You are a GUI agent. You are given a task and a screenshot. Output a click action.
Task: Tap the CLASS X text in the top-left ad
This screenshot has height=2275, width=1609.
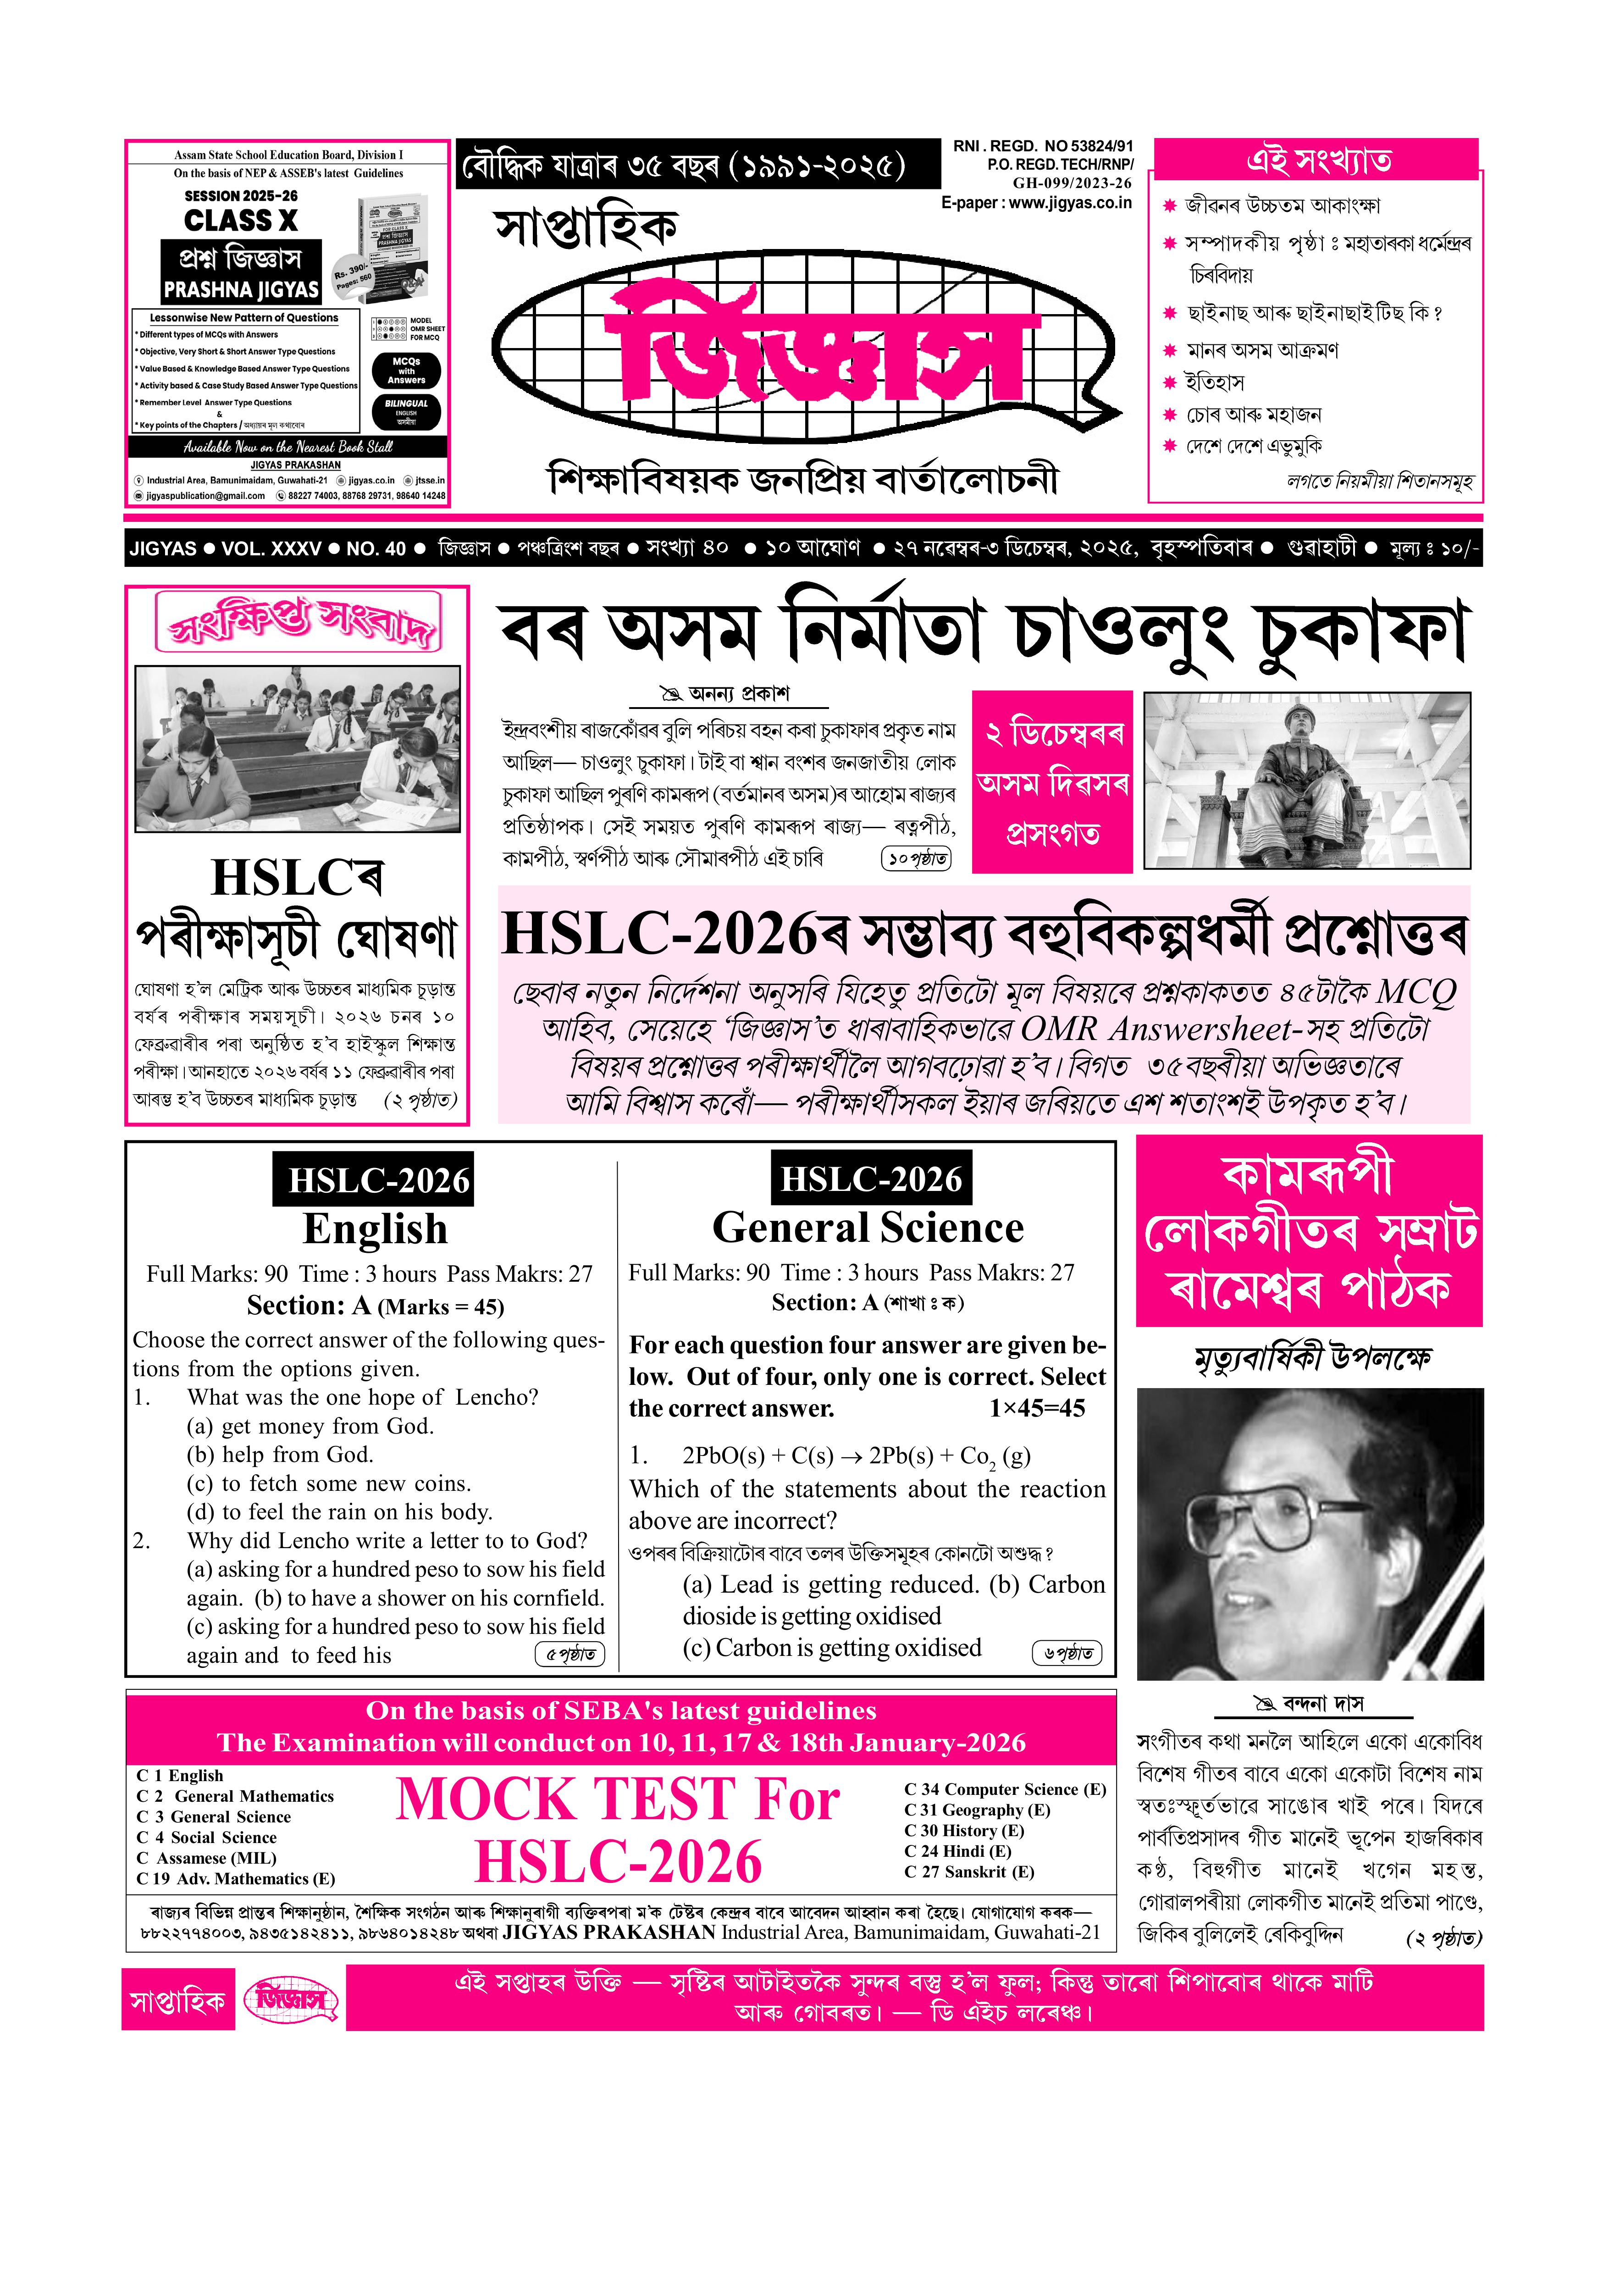[241, 220]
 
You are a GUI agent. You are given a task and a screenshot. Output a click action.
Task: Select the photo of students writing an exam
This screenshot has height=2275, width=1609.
[297, 748]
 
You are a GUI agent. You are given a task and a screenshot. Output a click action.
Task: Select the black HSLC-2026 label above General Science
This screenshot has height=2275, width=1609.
[871, 1179]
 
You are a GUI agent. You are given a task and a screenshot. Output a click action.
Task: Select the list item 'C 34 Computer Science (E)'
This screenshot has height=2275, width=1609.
[1005, 1789]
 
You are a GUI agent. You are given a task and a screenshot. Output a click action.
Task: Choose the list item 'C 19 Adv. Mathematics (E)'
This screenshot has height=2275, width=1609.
[236, 1879]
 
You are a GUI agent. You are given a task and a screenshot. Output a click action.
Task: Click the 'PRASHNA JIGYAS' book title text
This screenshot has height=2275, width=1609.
[241, 289]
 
